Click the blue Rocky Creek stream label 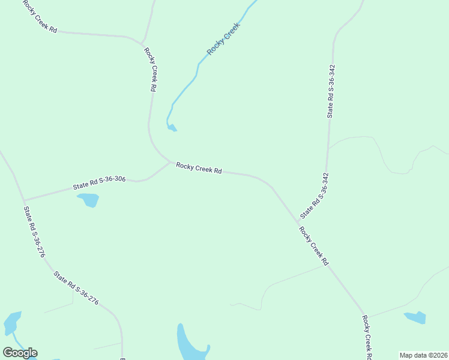click(223, 39)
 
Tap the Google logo click(20, 353)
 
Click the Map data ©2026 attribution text click(423, 355)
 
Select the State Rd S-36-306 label click(99, 182)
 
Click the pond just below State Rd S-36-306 click(88, 200)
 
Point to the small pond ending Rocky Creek click(172, 127)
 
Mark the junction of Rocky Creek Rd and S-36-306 click(170, 161)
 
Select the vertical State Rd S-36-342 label click(330, 91)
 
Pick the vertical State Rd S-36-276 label click(34, 232)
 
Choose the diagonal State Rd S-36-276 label click(76, 288)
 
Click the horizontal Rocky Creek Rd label click(199, 167)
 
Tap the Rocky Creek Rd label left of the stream click(151, 69)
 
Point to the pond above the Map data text click(415, 317)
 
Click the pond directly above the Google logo click(12, 323)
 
